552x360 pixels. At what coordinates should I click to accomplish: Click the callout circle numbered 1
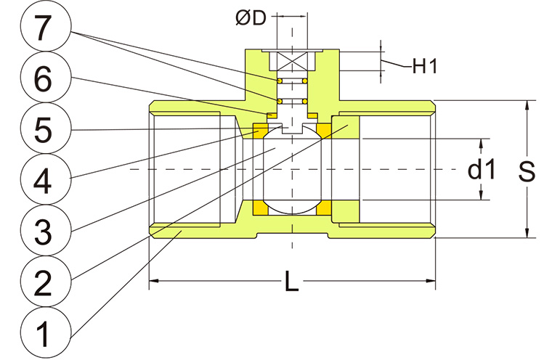coord(43,333)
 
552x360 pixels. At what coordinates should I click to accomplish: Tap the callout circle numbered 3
coord(43,231)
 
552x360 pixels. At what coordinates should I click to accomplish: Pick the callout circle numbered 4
coord(43,181)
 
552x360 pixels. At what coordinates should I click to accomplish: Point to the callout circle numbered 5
coord(43,131)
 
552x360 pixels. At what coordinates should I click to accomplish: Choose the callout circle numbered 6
coord(43,80)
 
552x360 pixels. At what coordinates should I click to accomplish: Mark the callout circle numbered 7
coord(43,30)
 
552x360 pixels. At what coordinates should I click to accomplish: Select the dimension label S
coord(528,171)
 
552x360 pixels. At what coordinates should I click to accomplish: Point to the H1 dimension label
coord(423,67)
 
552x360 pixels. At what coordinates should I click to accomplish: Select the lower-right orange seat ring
coord(323,209)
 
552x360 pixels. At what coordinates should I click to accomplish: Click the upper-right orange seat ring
coord(323,131)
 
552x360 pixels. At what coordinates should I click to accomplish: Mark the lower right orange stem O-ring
coord(307,99)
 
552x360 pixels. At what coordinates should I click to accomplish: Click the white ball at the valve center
coord(292,170)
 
